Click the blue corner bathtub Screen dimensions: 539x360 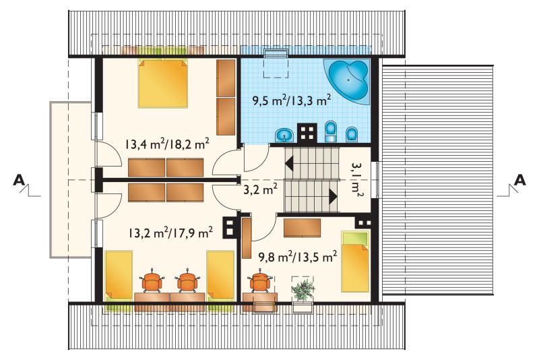click(347, 81)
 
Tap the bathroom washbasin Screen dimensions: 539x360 click(284, 135)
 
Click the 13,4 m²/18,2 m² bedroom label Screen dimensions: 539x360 click(167, 144)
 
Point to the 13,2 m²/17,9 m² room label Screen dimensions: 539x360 click(170, 233)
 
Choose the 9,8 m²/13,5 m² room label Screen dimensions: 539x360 click(298, 256)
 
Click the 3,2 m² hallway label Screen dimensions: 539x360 click(261, 189)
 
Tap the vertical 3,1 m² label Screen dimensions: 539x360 click(357, 179)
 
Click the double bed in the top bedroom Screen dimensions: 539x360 click(163, 83)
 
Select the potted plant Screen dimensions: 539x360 click(303, 290)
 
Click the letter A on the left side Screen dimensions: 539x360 click(19, 180)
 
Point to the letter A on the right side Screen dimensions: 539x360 click(520, 180)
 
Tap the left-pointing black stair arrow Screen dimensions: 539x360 click(289, 162)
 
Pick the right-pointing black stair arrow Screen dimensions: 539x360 click(333, 197)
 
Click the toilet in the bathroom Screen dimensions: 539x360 click(331, 131)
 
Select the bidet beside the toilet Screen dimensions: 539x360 click(351, 134)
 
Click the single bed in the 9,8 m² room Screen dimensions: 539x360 click(355, 262)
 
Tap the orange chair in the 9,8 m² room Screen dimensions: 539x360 click(259, 282)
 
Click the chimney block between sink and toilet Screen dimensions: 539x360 click(307, 132)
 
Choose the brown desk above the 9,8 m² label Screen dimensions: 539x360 click(302, 228)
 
